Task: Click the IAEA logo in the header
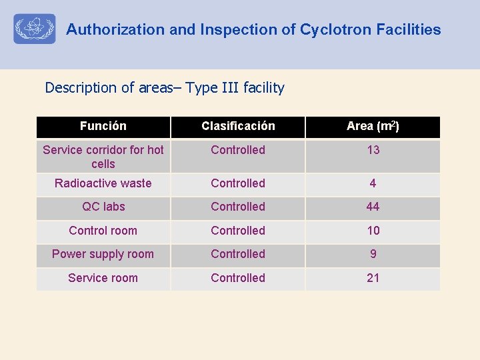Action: tap(35, 29)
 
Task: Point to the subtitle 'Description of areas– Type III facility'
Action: tap(165, 88)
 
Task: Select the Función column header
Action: tap(103, 126)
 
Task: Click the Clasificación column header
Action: tap(238, 126)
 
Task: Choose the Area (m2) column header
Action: tap(373, 126)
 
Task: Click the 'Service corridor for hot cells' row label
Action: tap(103, 157)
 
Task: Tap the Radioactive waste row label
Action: tap(103, 183)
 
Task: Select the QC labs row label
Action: tap(103, 207)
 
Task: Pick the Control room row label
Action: tap(103, 231)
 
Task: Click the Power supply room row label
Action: tap(103, 254)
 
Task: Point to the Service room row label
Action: tap(103, 278)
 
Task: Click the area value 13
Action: tap(373, 150)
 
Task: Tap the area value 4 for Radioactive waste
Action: tap(373, 183)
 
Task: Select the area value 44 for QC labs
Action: tap(373, 207)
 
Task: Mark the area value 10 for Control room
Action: tap(373, 231)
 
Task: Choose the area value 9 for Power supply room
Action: tap(373, 254)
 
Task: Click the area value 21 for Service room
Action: tap(373, 278)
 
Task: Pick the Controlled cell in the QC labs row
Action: tap(238, 207)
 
